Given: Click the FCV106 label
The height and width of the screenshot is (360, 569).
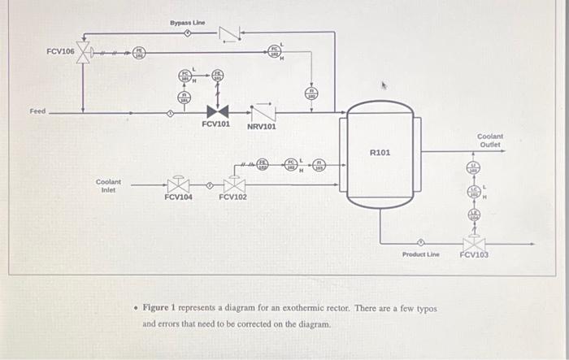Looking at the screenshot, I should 60,51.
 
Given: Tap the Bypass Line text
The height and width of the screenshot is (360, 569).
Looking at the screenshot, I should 187,23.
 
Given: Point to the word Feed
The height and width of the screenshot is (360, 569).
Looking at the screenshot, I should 37,111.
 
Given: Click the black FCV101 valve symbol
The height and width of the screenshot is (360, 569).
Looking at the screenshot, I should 217,111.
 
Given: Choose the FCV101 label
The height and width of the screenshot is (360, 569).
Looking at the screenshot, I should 216,126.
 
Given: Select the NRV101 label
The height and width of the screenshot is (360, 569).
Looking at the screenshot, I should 262,127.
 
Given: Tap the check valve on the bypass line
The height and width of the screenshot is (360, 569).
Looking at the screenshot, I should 229,33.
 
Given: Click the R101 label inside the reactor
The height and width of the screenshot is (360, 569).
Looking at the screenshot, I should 380,152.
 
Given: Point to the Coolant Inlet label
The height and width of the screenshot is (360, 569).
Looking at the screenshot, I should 108,186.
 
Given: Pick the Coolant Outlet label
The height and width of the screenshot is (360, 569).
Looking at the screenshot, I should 490,141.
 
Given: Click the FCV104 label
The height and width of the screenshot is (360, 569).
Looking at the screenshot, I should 178,197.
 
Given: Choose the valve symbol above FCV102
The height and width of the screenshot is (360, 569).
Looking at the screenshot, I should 234,184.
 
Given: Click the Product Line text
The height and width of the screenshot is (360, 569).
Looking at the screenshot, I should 421,254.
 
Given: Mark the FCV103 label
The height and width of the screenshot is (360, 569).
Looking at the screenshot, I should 474,254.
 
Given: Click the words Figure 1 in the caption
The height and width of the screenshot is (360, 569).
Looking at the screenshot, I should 163,309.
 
